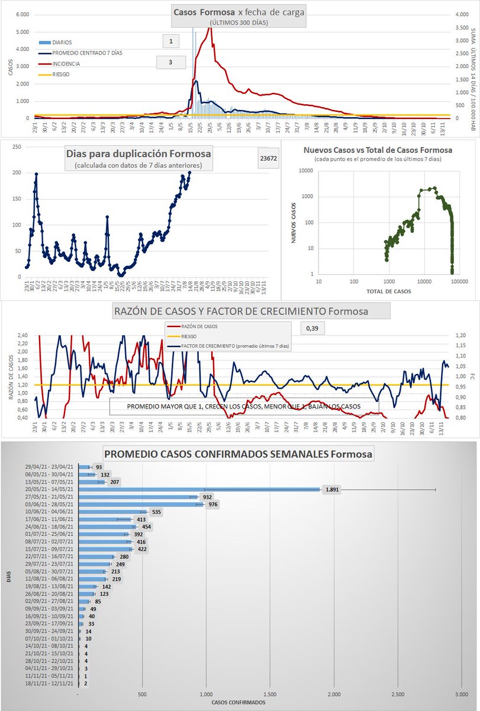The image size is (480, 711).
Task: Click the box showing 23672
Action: click(269, 158)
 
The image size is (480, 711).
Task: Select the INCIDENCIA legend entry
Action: click(65, 63)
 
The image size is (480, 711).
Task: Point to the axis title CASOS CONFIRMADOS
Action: click(239, 703)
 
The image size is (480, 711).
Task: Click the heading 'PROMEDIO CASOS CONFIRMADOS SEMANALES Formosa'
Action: click(239, 454)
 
